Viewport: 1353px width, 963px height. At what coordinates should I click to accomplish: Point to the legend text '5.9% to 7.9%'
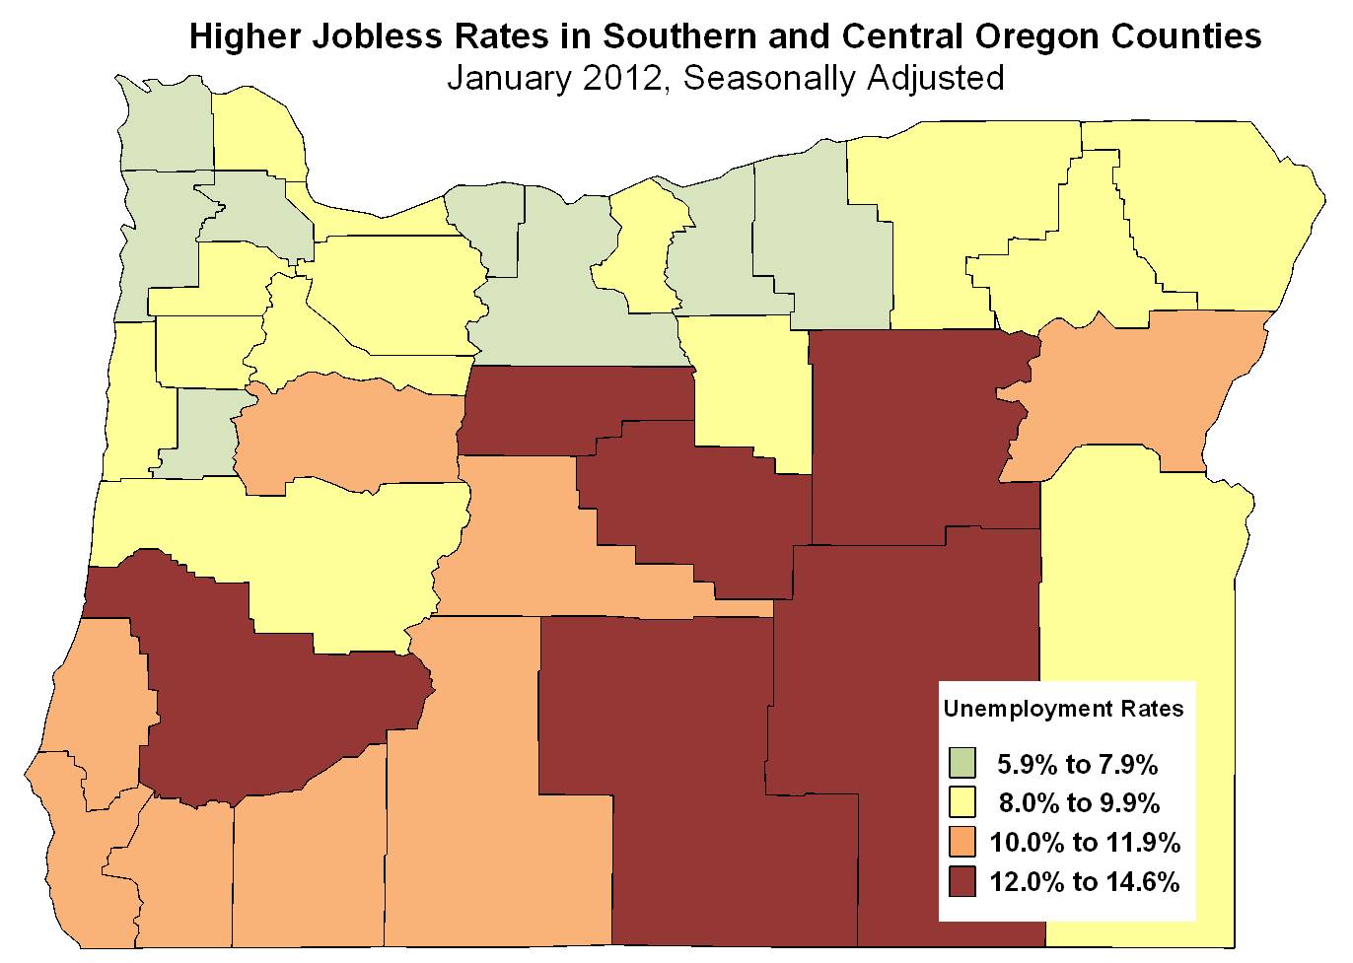click(1077, 763)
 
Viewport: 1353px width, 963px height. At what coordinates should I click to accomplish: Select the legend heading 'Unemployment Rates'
click(1063, 709)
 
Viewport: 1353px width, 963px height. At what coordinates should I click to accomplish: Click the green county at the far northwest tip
click(166, 128)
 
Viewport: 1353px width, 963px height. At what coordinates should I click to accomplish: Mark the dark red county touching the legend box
click(897, 690)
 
